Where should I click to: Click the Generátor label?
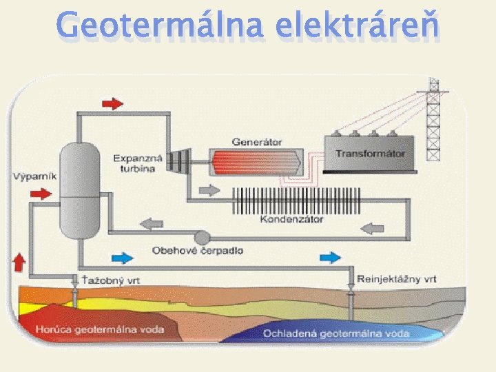(257, 142)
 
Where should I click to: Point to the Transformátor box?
(370, 154)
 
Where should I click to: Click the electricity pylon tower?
(433, 121)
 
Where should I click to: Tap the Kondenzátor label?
(292, 220)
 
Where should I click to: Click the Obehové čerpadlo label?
(198, 251)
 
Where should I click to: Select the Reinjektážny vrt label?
(397, 279)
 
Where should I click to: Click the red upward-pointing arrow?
(19, 263)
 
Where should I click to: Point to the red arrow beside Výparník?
(41, 194)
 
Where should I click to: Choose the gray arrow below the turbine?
(207, 190)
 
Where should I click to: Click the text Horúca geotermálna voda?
(110, 329)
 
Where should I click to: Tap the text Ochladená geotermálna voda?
(335, 333)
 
